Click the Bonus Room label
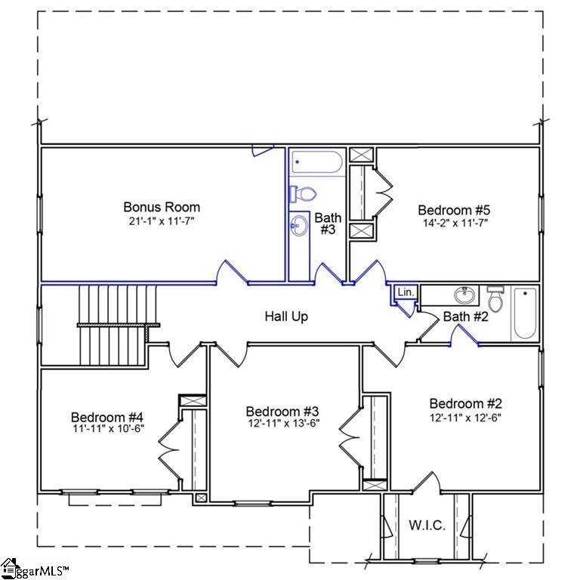[x=162, y=207]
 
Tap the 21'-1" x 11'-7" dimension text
[x=162, y=221]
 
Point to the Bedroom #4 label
[x=107, y=417]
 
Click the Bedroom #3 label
[x=282, y=411]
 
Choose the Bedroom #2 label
[x=466, y=404]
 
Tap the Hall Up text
[x=286, y=316]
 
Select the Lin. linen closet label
[x=405, y=292]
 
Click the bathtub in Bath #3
[x=317, y=162]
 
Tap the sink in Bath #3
[x=301, y=225]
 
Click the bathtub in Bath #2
[x=525, y=313]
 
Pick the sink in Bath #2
[x=461, y=295]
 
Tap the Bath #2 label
[x=465, y=317]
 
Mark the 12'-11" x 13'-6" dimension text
[x=282, y=424]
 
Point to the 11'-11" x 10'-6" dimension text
[x=107, y=429]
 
